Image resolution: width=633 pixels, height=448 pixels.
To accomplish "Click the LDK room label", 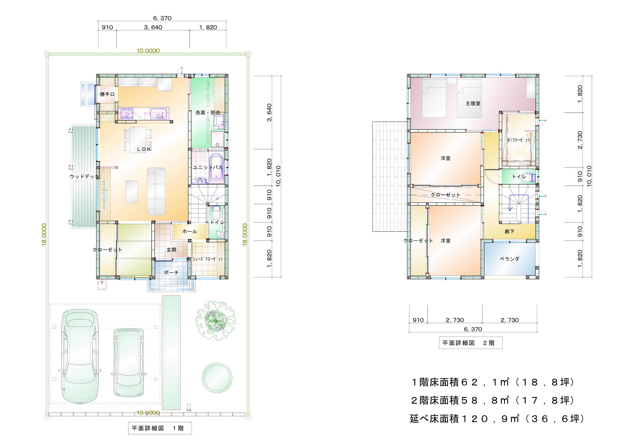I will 144,149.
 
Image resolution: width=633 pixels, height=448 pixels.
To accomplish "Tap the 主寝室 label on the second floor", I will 473,103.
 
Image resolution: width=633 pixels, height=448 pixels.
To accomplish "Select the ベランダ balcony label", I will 510,259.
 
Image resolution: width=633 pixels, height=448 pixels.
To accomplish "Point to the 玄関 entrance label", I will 171,250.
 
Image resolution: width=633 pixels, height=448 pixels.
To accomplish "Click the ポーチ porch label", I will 171,273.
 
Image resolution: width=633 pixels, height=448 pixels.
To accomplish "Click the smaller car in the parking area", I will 129,362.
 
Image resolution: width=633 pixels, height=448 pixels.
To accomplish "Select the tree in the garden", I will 216,320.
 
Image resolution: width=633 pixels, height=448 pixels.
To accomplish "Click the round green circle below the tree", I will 217,378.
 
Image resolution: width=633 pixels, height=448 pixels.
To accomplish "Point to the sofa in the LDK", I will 156,191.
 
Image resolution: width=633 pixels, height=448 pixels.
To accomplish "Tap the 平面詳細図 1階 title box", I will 160,428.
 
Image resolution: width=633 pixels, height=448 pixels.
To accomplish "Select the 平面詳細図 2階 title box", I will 471,343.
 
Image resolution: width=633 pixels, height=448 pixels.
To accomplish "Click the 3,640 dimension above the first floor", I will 153,27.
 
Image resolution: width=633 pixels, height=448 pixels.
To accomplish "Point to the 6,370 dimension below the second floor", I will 473,329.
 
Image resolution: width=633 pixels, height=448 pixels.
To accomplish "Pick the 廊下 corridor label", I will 510,231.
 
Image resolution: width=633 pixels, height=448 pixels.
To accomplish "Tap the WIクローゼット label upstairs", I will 519,140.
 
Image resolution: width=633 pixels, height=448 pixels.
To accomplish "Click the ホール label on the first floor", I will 189,231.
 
